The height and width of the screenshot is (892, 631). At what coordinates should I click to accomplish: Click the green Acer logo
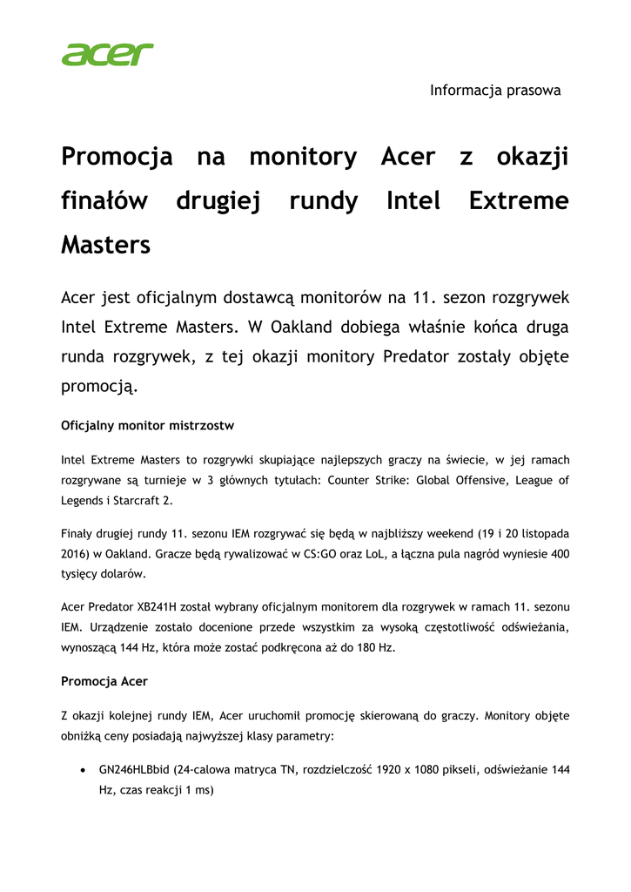pos(107,54)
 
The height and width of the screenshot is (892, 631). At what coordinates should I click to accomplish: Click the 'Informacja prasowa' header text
pos(495,90)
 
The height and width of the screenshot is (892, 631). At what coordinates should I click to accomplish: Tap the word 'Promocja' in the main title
pos(117,158)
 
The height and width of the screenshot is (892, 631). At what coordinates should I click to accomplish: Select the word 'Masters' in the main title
pos(105,245)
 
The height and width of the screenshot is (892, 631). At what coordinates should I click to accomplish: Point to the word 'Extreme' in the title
pos(518,201)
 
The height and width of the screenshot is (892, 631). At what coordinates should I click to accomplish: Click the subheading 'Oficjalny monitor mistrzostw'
pos(147,426)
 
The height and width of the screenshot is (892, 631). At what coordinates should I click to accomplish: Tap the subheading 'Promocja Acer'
pos(104,682)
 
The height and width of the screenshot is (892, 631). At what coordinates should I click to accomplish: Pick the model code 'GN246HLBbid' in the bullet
pos(134,770)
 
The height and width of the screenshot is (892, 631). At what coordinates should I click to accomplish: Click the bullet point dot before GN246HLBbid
pos(82,771)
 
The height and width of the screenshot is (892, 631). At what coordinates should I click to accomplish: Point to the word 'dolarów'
pos(124,574)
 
